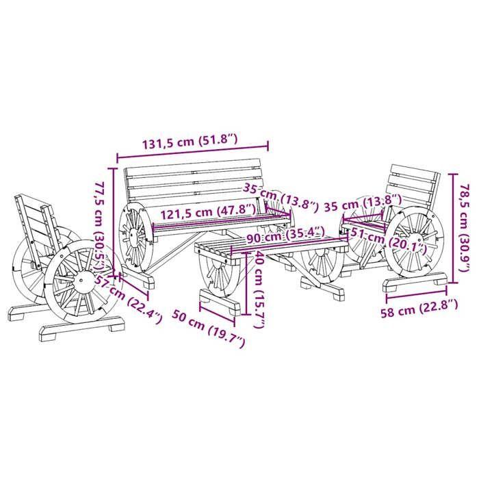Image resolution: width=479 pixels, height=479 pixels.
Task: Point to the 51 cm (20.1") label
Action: pos(387,239)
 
